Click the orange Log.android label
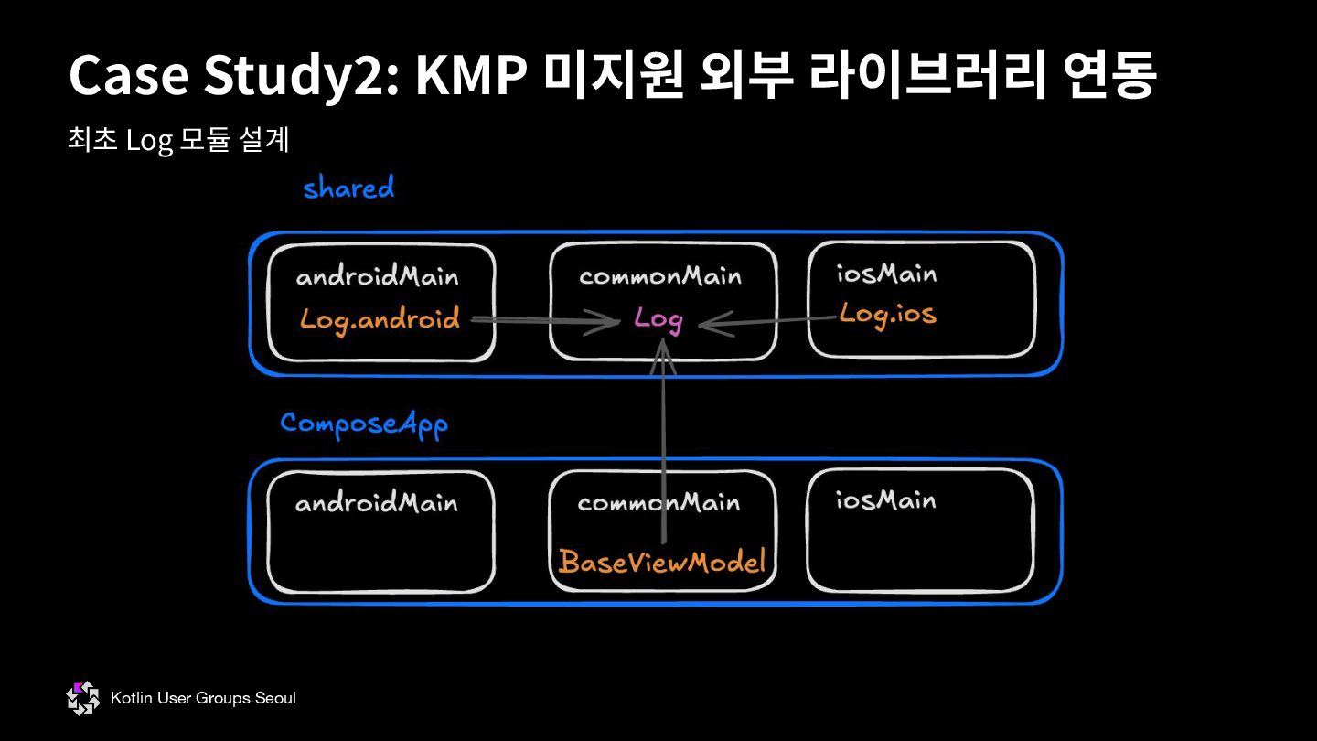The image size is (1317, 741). (380, 319)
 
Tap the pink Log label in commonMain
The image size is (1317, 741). (658, 319)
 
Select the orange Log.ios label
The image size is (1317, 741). (887, 315)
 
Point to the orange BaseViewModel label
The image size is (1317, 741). (661, 561)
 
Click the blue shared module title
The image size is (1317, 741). (348, 188)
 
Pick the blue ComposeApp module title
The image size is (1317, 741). (364, 424)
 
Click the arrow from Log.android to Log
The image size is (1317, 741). (545, 320)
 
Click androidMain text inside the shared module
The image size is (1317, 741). (377, 276)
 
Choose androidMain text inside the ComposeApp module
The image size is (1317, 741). (376, 502)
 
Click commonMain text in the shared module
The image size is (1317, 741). (660, 276)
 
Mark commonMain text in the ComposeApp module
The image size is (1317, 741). (658, 502)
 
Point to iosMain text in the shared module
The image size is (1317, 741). (886, 274)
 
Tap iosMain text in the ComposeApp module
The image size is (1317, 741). (885, 500)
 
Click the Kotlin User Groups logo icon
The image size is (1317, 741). (82, 698)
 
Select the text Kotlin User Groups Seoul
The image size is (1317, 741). (203, 698)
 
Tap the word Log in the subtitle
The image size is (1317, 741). (150, 141)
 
